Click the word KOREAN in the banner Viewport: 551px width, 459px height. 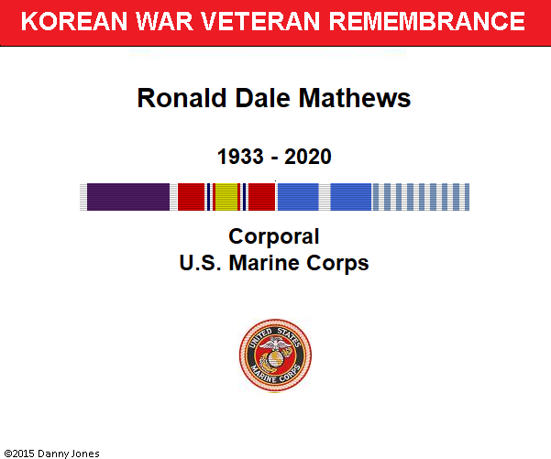point(73,21)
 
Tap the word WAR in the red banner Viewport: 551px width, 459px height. point(164,21)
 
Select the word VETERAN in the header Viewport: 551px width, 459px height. point(260,21)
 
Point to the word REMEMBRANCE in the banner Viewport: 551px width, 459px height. point(426,21)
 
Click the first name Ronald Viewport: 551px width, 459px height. point(182,98)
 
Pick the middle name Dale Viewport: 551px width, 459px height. point(263,98)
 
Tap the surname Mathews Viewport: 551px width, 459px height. point(355,98)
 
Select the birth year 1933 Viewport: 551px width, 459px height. point(240,157)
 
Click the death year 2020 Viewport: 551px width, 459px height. point(308,157)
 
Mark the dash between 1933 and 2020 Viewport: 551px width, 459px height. point(274,158)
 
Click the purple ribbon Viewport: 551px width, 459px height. point(128,197)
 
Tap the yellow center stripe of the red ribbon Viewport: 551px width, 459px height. point(226,197)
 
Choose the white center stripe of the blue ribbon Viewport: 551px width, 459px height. point(325,197)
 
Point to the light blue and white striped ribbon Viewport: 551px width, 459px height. point(420,197)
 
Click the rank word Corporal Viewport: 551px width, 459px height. point(274,237)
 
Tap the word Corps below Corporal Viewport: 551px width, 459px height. point(337,264)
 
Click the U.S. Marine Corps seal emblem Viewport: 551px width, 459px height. point(275,355)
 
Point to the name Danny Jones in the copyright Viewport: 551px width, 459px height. point(68,454)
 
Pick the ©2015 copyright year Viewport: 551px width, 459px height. point(19,454)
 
